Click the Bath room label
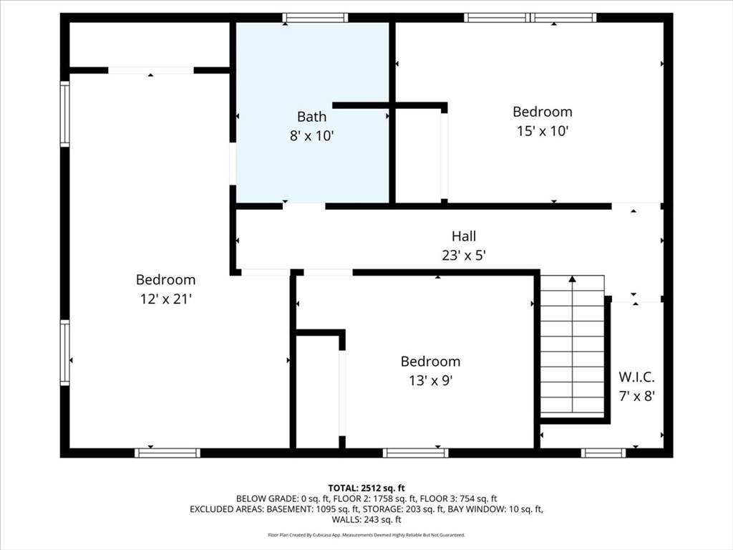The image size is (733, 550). pyautogui.click(x=312, y=117)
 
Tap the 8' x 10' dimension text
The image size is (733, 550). pyautogui.click(x=312, y=136)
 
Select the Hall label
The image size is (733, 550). pyautogui.click(x=464, y=236)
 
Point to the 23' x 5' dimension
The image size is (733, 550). pyautogui.click(x=464, y=256)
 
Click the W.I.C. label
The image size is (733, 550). pyautogui.click(x=636, y=377)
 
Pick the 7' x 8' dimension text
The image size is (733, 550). pyautogui.click(x=636, y=397)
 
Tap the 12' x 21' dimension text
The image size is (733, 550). pyautogui.click(x=166, y=299)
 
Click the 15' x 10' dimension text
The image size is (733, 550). pyautogui.click(x=543, y=131)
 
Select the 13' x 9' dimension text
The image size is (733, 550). pyautogui.click(x=430, y=381)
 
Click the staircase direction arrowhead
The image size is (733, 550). pyautogui.click(x=572, y=279)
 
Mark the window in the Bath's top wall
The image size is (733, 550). pyautogui.click(x=315, y=18)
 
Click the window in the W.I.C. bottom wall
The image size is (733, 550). pyautogui.click(x=603, y=453)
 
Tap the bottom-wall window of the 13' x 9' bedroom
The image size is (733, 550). pyautogui.click(x=416, y=453)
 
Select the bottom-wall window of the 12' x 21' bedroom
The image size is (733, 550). pyautogui.click(x=168, y=453)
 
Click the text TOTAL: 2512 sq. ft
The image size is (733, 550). pyautogui.click(x=366, y=488)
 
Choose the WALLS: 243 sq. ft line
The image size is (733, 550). pyautogui.click(x=366, y=520)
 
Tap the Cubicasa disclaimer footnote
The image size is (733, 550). pyautogui.click(x=366, y=535)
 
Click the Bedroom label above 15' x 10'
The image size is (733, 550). pyautogui.click(x=543, y=112)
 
